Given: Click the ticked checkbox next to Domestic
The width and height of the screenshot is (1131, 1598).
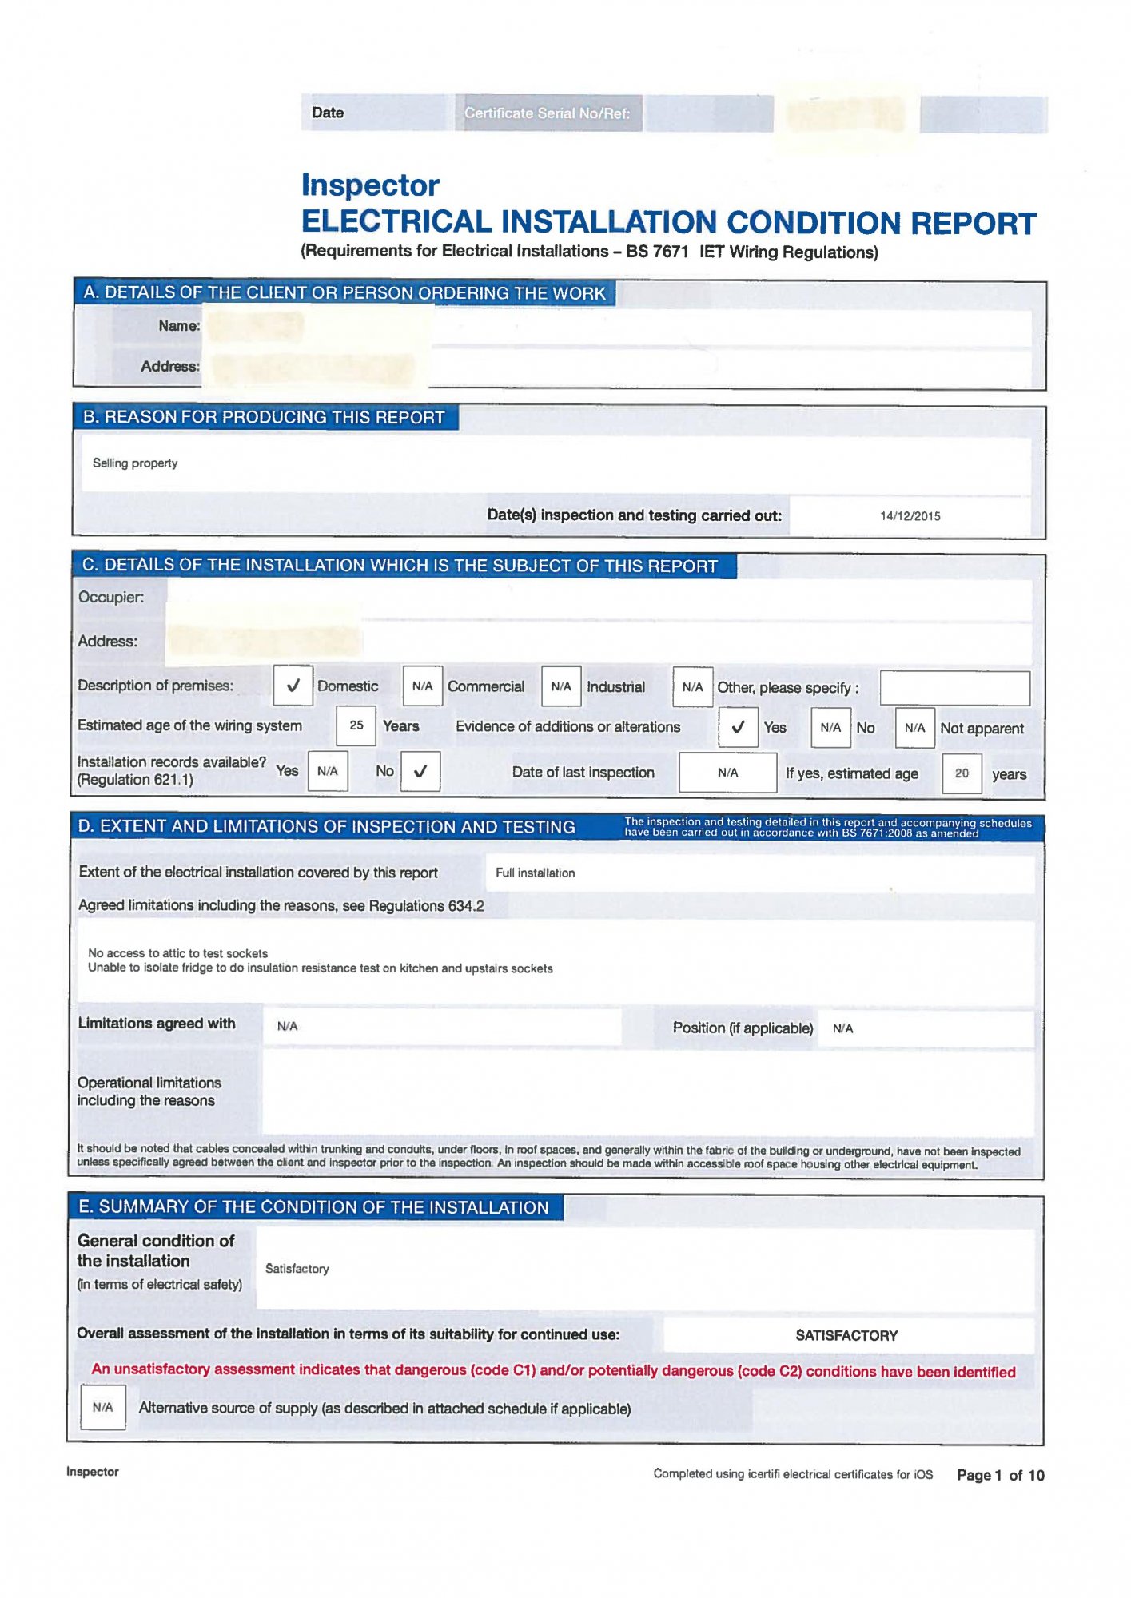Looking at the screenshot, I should click(293, 686).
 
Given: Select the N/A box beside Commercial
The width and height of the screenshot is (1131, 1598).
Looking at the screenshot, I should click(422, 686).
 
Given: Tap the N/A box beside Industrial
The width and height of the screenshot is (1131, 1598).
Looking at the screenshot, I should click(560, 686).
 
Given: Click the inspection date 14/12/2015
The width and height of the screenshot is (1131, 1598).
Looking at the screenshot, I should click(910, 516).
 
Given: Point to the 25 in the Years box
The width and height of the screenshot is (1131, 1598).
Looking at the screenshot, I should click(356, 725).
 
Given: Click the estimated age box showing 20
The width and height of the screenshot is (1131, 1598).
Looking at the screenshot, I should click(962, 773).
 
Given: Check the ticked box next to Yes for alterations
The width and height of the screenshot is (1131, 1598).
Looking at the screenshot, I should click(738, 727).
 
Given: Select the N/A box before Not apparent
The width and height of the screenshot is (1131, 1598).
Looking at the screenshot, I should click(914, 728).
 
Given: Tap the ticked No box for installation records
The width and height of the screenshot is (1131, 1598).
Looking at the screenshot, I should click(420, 772).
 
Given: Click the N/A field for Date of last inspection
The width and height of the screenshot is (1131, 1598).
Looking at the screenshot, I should click(727, 773).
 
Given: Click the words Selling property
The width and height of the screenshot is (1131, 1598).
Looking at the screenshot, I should click(135, 463).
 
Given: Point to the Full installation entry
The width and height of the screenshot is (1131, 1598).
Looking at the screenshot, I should click(535, 873).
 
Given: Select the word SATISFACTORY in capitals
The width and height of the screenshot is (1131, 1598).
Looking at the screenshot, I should click(846, 1336).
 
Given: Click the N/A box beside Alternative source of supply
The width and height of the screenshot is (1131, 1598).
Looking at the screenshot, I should click(103, 1408).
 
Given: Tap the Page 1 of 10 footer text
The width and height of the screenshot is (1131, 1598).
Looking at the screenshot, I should click(1000, 1476).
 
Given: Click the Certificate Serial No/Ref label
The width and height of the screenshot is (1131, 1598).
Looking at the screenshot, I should click(548, 113).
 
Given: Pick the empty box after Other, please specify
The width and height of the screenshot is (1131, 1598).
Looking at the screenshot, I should click(954, 688).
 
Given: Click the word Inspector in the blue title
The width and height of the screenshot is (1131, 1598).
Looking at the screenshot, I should click(370, 185).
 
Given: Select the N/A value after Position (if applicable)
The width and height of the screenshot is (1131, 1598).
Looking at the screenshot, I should click(842, 1029).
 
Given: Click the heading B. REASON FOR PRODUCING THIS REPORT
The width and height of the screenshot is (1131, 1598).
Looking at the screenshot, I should click(264, 418).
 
